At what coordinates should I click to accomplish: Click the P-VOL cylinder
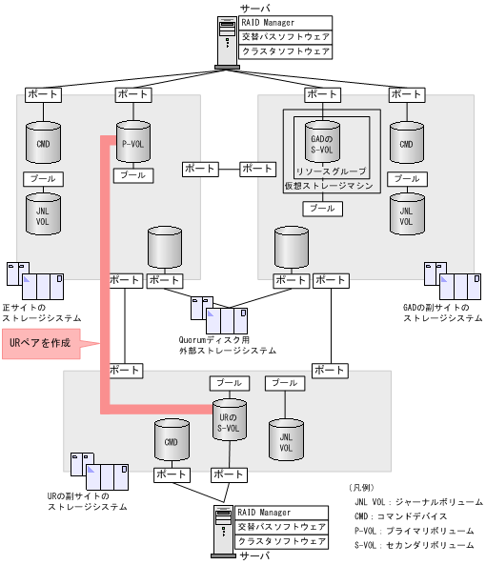132,144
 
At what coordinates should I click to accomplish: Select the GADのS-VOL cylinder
321,144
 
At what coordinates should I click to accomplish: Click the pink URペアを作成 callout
40,343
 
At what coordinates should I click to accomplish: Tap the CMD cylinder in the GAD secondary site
407,144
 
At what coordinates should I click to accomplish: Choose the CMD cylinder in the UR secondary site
171,442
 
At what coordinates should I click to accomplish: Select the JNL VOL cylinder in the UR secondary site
285,439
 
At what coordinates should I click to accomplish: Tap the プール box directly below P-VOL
132,175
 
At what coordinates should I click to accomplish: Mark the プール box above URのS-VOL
229,382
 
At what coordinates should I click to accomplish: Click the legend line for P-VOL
410,531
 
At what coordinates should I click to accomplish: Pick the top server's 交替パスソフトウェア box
285,37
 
